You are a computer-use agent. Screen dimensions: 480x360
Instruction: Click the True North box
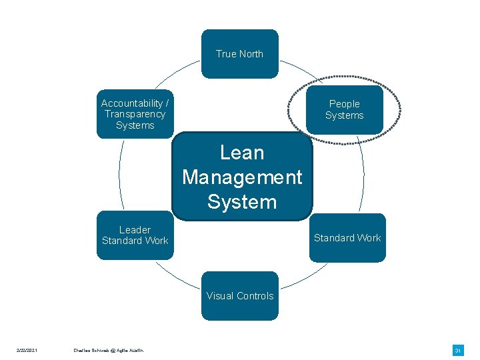coord(239,54)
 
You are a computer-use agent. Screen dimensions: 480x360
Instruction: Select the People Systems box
coord(345,109)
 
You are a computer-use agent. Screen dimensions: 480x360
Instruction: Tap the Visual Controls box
coord(240,296)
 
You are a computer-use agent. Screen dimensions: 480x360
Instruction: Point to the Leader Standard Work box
coord(135,235)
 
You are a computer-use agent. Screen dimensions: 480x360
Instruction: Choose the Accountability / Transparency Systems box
coord(135,114)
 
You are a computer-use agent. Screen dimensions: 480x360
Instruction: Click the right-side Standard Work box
coord(347,238)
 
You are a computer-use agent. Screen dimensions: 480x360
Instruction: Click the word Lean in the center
coord(242,153)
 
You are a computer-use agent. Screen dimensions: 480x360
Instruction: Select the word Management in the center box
coord(242,177)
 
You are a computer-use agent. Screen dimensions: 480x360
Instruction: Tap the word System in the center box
coord(242,201)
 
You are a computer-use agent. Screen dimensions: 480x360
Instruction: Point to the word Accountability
coord(131,103)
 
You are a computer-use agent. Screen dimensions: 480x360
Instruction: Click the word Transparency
coord(135,114)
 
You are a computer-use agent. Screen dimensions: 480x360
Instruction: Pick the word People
coord(345,104)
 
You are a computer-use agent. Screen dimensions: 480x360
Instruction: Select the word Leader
coord(135,230)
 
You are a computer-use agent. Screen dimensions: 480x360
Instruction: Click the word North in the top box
coord(251,54)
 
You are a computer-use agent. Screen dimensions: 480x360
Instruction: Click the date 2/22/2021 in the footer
coord(27,351)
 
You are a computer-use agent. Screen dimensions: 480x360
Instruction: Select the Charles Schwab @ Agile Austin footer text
coord(109,351)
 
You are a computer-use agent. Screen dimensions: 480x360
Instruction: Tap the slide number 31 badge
coord(458,351)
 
